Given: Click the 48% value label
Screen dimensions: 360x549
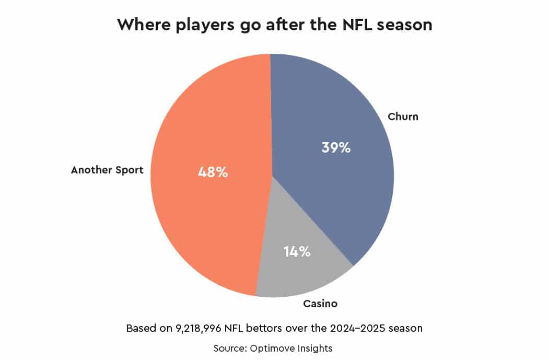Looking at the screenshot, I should (x=212, y=172).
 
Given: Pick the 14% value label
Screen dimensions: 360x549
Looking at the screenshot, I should (x=297, y=251).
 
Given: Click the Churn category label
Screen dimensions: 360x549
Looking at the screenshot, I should (x=403, y=117).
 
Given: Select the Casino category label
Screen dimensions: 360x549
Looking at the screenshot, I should (x=320, y=304).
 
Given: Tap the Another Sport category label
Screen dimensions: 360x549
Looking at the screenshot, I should (x=107, y=170).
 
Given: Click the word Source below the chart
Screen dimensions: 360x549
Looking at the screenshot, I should (x=231, y=347).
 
